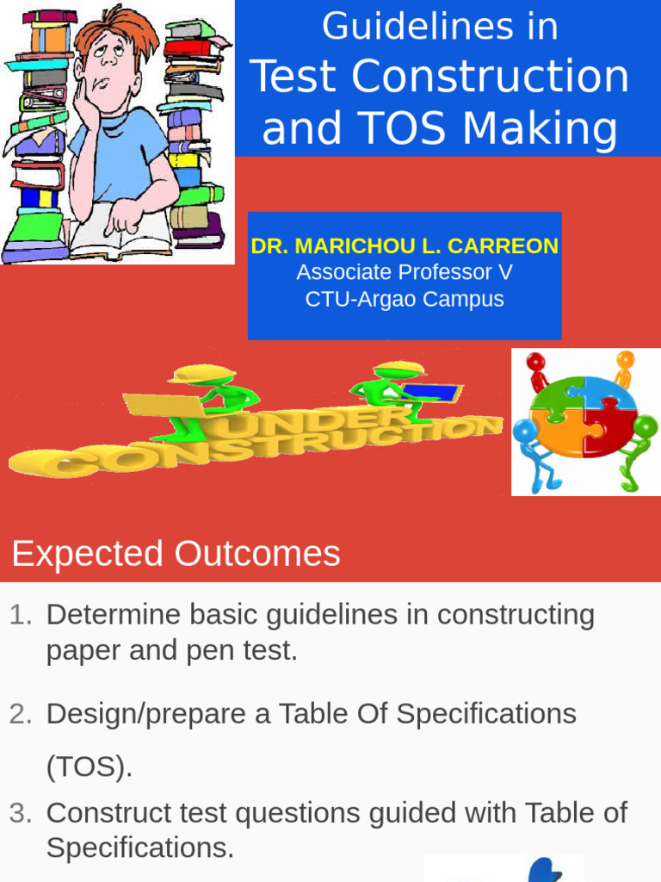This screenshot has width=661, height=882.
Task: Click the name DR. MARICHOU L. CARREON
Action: click(x=405, y=246)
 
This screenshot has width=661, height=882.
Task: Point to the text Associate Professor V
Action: click(x=405, y=273)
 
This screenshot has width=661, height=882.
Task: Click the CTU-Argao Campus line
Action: click(x=405, y=300)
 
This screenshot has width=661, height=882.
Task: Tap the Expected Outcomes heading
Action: click(x=176, y=554)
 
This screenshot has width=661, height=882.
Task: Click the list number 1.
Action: click(x=21, y=615)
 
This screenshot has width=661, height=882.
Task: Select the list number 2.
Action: click(x=21, y=714)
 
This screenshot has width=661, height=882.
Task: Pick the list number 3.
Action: click(x=21, y=813)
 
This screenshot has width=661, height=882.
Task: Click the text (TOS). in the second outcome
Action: click(x=90, y=767)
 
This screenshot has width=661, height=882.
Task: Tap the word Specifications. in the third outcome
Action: click(x=139, y=848)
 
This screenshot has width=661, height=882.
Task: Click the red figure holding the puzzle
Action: click(x=537, y=370)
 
